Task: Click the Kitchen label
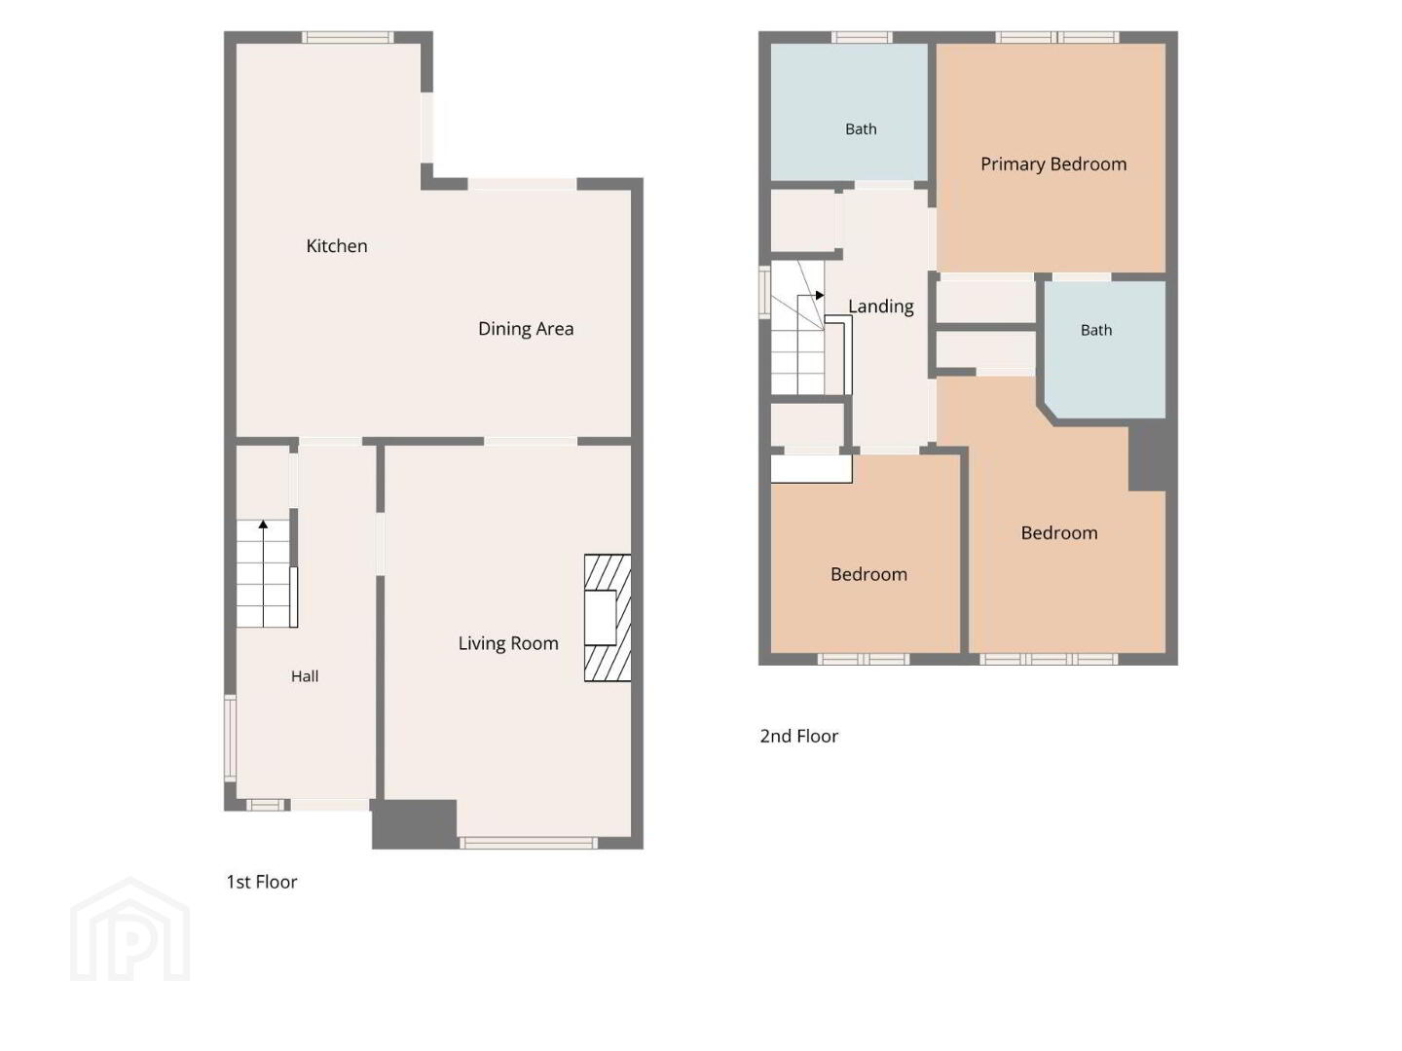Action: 337,245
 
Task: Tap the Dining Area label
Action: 526,329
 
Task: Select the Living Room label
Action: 508,643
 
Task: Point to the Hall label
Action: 305,676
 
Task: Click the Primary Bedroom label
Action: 1053,164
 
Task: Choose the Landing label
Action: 881,307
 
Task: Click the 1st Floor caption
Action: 262,882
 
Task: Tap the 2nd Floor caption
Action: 798,737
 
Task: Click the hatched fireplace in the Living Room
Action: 608,618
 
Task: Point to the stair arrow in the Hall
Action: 263,573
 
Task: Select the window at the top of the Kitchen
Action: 348,37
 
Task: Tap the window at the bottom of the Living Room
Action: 529,843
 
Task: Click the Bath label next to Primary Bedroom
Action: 861,129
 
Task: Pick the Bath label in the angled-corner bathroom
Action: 1096,331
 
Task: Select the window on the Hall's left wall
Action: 230,738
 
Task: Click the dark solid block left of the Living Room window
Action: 415,824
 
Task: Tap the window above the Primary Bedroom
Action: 1056,37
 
